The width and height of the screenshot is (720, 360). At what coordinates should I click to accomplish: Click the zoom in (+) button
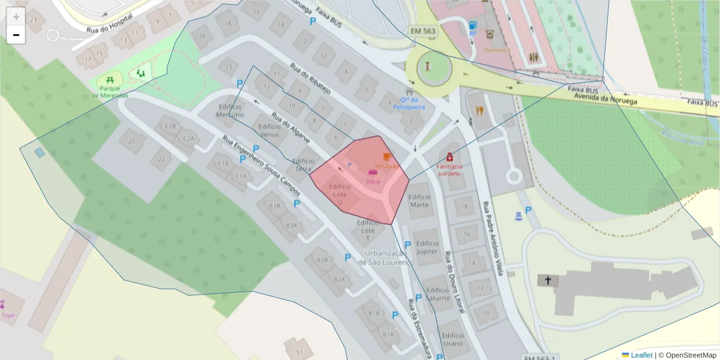tap(16, 17)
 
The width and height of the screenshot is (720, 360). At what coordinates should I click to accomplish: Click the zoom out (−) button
tap(16, 35)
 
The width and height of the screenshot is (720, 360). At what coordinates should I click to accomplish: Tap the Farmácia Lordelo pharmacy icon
tap(449, 157)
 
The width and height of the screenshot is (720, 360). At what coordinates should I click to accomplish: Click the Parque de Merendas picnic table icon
tap(110, 79)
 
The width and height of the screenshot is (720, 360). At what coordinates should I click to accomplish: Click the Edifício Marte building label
tap(419, 200)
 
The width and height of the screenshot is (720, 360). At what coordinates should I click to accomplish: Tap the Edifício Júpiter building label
tap(427, 247)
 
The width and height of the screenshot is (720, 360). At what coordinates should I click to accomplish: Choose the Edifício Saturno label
tap(437, 294)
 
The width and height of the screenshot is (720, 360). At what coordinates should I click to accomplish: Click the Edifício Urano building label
tap(452, 340)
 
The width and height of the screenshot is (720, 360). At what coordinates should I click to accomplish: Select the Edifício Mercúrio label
tap(230, 110)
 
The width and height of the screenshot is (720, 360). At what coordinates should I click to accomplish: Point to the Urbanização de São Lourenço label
tap(386, 258)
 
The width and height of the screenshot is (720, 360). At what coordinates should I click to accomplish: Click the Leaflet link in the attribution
tap(641, 355)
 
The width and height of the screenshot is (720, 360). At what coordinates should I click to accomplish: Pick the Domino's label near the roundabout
tap(497, 50)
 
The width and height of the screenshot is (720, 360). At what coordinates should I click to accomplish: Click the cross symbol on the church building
tap(547, 280)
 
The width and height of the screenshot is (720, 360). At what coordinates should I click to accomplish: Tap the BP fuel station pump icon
tap(473, 25)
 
